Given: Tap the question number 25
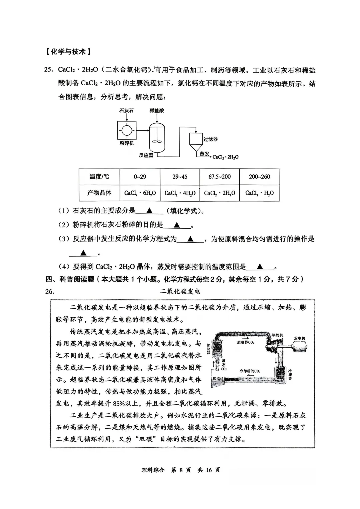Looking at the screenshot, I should pyautogui.click(x=49, y=70).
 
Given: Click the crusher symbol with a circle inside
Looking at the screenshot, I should pyautogui.click(x=127, y=130).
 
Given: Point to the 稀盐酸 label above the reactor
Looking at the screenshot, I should pyautogui.click(x=157, y=111).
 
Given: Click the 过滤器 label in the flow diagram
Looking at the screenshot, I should pyautogui.click(x=210, y=139).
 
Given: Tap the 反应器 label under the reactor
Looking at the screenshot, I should pyautogui.click(x=146, y=155).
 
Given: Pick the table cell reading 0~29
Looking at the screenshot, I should pyautogui.click(x=140, y=177).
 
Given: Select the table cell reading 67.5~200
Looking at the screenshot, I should pyautogui.click(x=219, y=177).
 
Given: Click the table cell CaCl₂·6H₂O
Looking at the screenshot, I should pyautogui.click(x=140, y=193).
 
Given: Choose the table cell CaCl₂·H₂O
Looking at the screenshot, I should pyautogui.click(x=259, y=193).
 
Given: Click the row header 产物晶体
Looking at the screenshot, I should pyautogui.click(x=99, y=193).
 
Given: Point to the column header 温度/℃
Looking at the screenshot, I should pyautogui.click(x=99, y=177).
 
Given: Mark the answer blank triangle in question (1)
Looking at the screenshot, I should pyautogui.click(x=149, y=211).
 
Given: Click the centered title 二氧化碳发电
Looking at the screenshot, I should pyautogui.click(x=180, y=291).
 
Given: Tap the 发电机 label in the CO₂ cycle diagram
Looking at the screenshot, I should pyautogui.click(x=299, y=338).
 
